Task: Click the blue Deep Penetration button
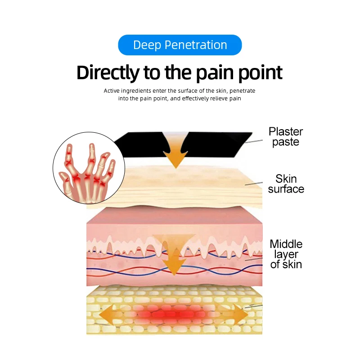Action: coord(180,45)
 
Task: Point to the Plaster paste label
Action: coord(286,136)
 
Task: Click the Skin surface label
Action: coord(286,184)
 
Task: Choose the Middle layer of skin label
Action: coord(286,254)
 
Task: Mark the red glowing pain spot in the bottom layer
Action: coord(173,314)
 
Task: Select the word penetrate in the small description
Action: coord(243,90)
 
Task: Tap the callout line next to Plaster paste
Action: coord(253,141)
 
